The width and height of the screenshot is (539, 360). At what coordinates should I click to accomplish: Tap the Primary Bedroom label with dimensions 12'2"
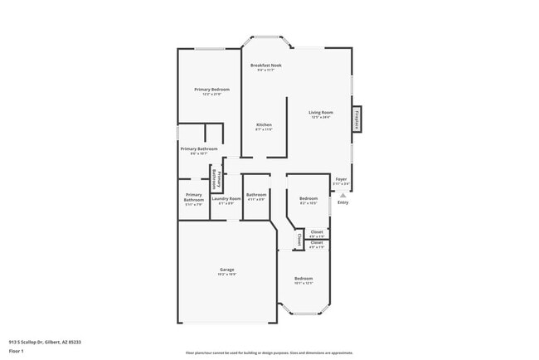pyautogui.click(x=211, y=90)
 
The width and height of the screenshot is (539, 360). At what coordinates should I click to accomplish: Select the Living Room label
pyautogui.click(x=320, y=113)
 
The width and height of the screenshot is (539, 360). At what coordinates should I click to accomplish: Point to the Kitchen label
pyautogui.click(x=263, y=125)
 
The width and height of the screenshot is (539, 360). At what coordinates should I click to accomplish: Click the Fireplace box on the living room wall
pyautogui.click(x=357, y=119)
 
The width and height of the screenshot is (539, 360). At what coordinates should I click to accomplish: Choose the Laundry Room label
pyautogui.click(x=226, y=198)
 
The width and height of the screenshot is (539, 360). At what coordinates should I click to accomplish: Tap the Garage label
pyautogui.click(x=226, y=270)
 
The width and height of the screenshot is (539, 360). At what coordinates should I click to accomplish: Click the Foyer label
pyautogui.click(x=341, y=179)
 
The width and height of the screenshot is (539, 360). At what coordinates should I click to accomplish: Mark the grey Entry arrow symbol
pyautogui.click(x=342, y=195)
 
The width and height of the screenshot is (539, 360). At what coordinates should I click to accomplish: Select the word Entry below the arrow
pyautogui.click(x=342, y=203)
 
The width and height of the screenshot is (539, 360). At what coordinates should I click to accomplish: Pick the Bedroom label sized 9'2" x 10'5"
pyautogui.click(x=308, y=198)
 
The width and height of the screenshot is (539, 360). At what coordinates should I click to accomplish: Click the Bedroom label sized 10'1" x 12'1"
pyautogui.click(x=303, y=279)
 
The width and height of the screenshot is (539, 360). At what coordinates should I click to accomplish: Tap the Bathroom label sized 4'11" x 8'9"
pyautogui.click(x=255, y=196)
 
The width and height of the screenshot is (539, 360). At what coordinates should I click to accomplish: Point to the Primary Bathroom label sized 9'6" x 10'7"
pyautogui.click(x=199, y=149)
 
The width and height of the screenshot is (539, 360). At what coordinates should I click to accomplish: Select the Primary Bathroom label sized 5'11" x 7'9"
pyautogui.click(x=193, y=198)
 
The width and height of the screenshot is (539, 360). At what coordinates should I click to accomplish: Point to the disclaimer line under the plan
pyautogui.click(x=269, y=353)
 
